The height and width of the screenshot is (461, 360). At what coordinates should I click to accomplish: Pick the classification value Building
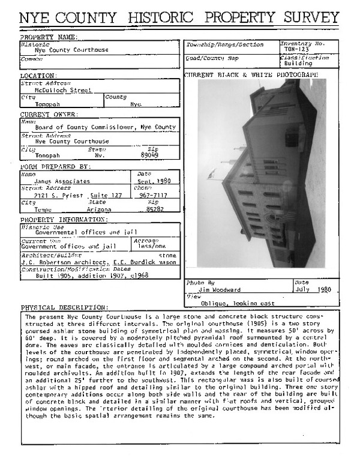298,63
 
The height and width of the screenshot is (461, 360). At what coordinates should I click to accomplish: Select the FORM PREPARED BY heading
55,166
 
